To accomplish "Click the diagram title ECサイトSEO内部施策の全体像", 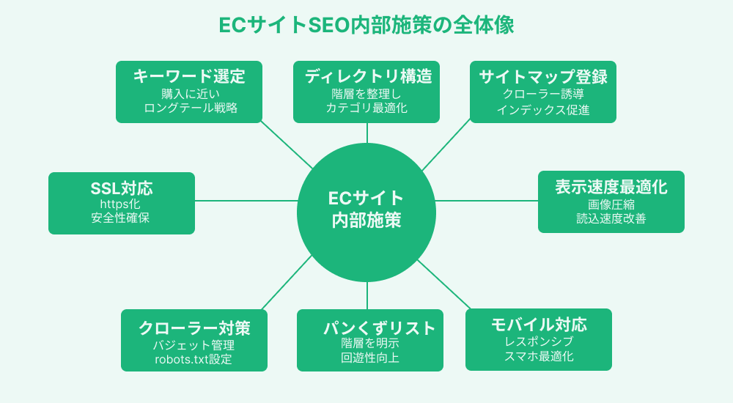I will pyautogui.click(x=366, y=25).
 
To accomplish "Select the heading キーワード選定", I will pyautogui.click(x=189, y=76).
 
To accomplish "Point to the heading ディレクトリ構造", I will pyautogui.click(x=366, y=76).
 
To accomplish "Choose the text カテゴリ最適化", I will pyautogui.click(x=366, y=108).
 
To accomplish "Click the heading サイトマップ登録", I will pyautogui.click(x=543, y=76).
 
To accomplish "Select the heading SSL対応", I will pyautogui.click(x=122, y=188).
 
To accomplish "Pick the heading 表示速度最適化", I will pyautogui.click(x=611, y=187).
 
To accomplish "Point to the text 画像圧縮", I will pyautogui.click(x=611, y=204).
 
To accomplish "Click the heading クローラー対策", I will pyautogui.click(x=194, y=328).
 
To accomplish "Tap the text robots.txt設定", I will pyautogui.click(x=194, y=359).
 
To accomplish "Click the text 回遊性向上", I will pyautogui.click(x=370, y=358).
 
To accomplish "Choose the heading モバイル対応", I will pyautogui.click(x=539, y=325).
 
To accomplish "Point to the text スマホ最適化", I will pyautogui.click(x=539, y=357).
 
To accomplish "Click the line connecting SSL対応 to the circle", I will pyautogui.click(x=246, y=200).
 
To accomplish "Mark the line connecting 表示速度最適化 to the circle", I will pyautogui.click(x=487, y=200).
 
